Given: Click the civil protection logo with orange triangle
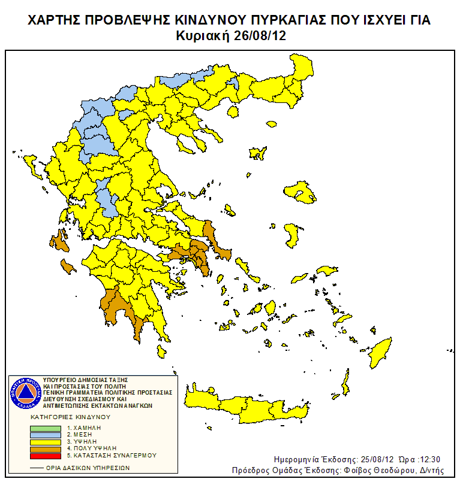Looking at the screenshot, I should [26, 393].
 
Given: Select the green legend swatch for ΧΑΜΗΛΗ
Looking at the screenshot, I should [46, 428].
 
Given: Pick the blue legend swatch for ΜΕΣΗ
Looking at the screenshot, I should [46, 435].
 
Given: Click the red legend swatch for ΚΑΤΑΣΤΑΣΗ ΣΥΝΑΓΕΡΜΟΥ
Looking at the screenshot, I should [46, 455].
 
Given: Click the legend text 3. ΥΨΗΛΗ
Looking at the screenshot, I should [84, 441].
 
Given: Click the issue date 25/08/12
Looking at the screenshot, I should [362, 459].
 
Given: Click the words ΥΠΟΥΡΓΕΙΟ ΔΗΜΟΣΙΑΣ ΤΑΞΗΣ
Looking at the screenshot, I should [86, 380].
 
